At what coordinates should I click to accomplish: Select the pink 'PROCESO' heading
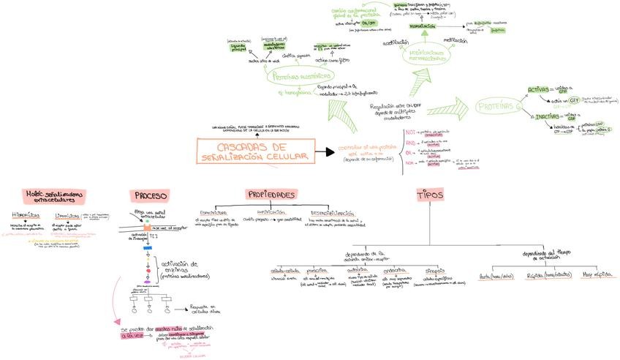tap(151, 195)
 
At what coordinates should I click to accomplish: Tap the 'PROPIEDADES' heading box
tap(271, 195)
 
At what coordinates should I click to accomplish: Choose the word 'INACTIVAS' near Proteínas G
tap(548, 116)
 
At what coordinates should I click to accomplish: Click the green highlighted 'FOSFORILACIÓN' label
tap(422, 26)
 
